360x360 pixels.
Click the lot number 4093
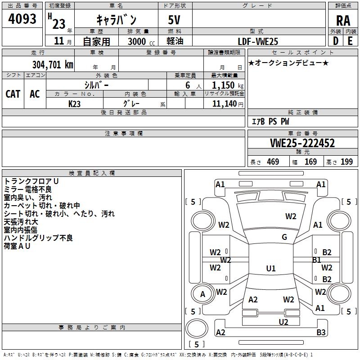click(22, 18)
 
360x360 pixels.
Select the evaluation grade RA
click(343, 21)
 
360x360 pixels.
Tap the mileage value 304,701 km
click(53, 64)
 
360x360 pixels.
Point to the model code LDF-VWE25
click(258, 41)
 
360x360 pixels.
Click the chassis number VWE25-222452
click(302, 143)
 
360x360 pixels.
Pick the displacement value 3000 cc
click(141, 41)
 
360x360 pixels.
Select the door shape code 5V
click(174, 20)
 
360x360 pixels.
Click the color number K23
click(74, 104)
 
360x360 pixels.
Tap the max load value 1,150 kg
click(228, 85)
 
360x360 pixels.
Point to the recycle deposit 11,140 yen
click(228, 104)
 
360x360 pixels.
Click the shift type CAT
click(13, 94)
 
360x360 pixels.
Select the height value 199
click(346, 162)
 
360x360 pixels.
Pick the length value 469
click(273, 162)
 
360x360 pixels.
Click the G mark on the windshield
click(284, 237)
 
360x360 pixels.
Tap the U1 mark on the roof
click(271, 268)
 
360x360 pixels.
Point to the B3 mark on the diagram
click(321, 332)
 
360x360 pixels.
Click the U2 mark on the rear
click(283, 322)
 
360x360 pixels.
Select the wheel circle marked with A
click(202, 294)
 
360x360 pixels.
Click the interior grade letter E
click(350, 41)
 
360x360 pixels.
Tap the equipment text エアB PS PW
click(270, 121)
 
